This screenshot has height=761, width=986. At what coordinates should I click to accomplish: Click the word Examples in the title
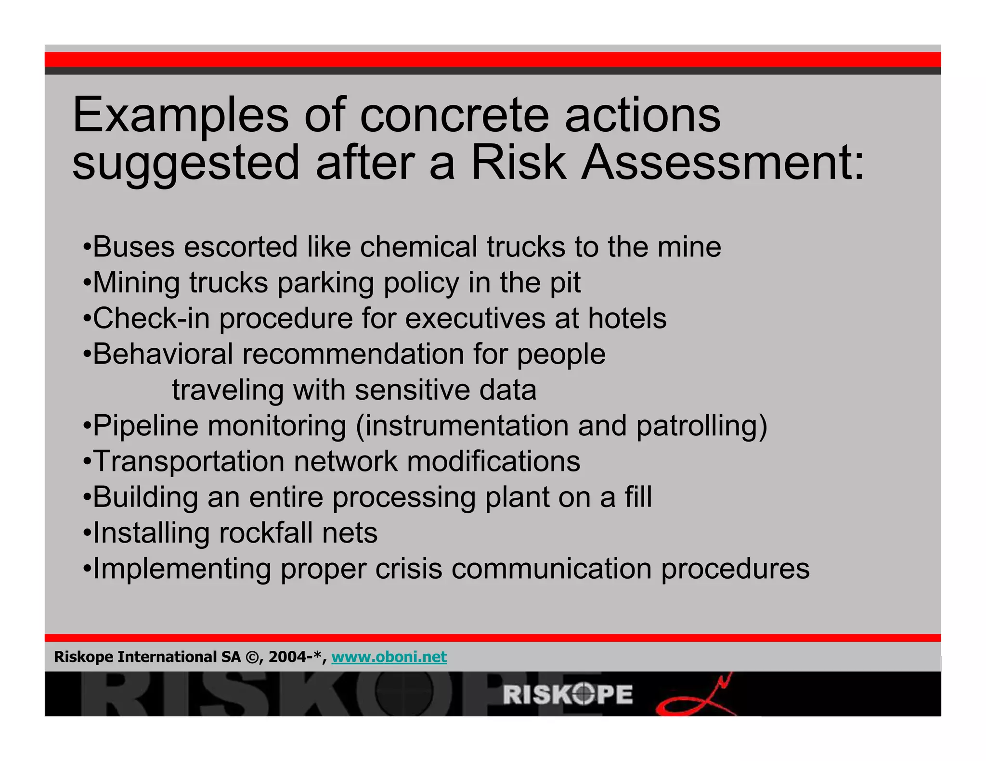(180, 115)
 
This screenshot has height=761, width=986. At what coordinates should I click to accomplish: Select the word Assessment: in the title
(722, 164)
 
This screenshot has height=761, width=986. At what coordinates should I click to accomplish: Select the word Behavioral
(163, 354)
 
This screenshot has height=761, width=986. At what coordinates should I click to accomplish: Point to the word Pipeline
(145, 426)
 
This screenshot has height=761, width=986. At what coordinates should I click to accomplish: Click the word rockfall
(265, 533)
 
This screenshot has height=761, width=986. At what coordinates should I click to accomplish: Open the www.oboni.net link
(389, 657)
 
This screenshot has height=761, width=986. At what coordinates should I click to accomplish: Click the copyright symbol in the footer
(252, 657)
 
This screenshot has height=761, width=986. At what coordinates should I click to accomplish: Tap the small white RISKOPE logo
(568, 695)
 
